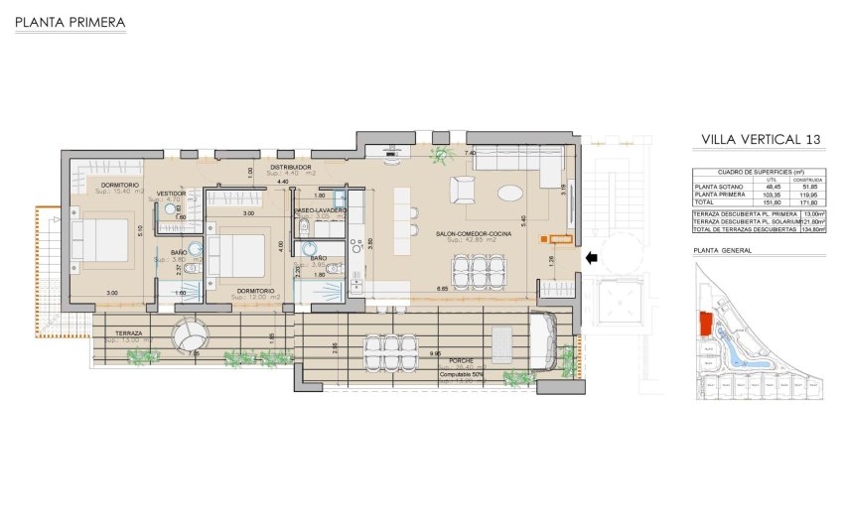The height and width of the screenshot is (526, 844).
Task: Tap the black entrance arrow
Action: tap(592, 259)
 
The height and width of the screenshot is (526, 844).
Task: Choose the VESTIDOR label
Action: tap(171, 193)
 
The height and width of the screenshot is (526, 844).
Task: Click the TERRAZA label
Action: tap(129, 332)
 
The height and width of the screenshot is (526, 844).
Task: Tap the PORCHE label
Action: tap(459, 361)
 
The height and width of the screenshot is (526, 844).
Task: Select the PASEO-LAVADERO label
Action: tap(319, 210)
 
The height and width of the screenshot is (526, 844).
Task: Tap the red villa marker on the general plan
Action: tap(705, 323)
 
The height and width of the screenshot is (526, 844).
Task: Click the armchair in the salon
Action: tap(463, 189)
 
